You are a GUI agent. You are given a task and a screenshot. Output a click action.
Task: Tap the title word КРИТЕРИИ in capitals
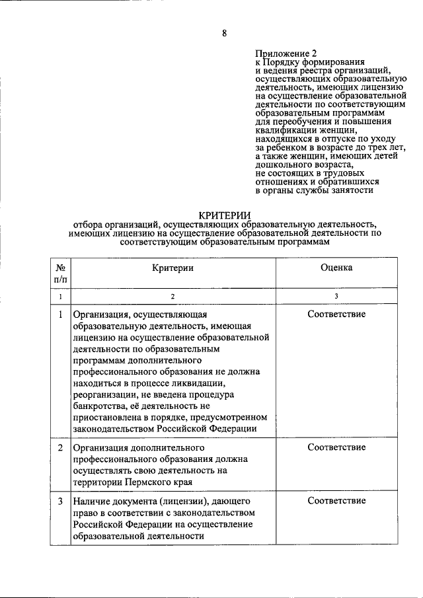click(225, 214)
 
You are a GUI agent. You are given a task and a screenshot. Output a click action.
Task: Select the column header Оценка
click(336, 268)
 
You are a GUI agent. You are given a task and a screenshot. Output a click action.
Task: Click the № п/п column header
click(60, 274)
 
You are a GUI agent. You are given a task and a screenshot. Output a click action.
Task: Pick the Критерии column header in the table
click(173, 268)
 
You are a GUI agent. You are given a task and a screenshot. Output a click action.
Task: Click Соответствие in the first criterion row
click(336, 314)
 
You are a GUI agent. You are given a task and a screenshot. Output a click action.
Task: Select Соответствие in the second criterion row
click(336, 447)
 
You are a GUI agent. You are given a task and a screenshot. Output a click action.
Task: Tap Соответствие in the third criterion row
click(336, 500)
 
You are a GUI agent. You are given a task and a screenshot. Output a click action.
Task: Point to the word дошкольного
click(285, 165)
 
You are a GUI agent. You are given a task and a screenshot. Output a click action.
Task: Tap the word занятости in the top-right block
click(350, 190)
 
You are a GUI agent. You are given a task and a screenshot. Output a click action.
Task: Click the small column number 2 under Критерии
click(173, 297)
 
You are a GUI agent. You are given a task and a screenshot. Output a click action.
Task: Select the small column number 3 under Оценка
click(336, 297)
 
